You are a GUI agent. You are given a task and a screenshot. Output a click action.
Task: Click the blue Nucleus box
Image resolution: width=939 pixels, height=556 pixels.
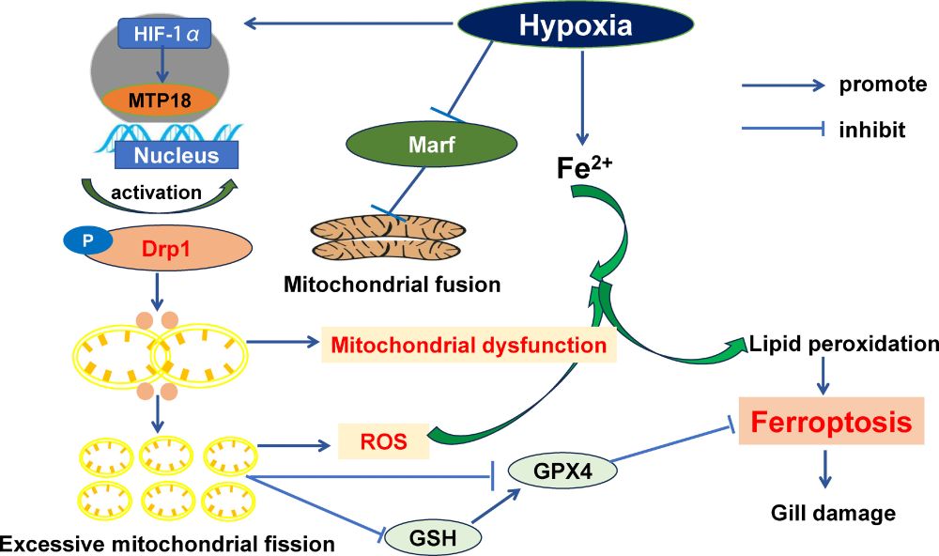(175, 156)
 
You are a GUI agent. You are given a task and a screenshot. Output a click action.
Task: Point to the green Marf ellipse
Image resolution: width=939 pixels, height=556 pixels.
(431, 145)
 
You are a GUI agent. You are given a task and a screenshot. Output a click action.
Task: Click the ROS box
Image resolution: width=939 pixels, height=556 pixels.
(382, 440)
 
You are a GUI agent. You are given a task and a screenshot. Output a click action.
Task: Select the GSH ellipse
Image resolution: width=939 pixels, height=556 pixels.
(434, 536)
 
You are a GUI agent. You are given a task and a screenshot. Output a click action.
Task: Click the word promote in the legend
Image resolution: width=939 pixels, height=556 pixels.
(884, 85)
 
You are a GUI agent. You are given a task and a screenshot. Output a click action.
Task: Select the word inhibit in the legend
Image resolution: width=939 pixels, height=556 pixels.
(872, 130)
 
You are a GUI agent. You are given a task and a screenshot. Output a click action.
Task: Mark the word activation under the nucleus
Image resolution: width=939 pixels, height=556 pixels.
(156, 193)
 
